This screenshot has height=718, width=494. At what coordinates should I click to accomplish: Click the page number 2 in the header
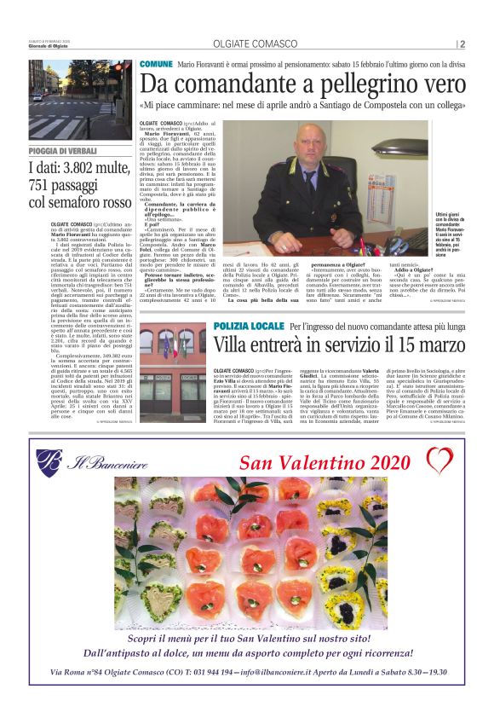[462, 45]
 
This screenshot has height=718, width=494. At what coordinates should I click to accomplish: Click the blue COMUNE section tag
[156, 64]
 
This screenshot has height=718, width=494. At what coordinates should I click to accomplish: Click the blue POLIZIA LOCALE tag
[247, 327]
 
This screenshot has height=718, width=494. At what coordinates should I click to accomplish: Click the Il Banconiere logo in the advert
[77, 462]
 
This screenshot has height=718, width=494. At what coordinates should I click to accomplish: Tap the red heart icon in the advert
[439, 460]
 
